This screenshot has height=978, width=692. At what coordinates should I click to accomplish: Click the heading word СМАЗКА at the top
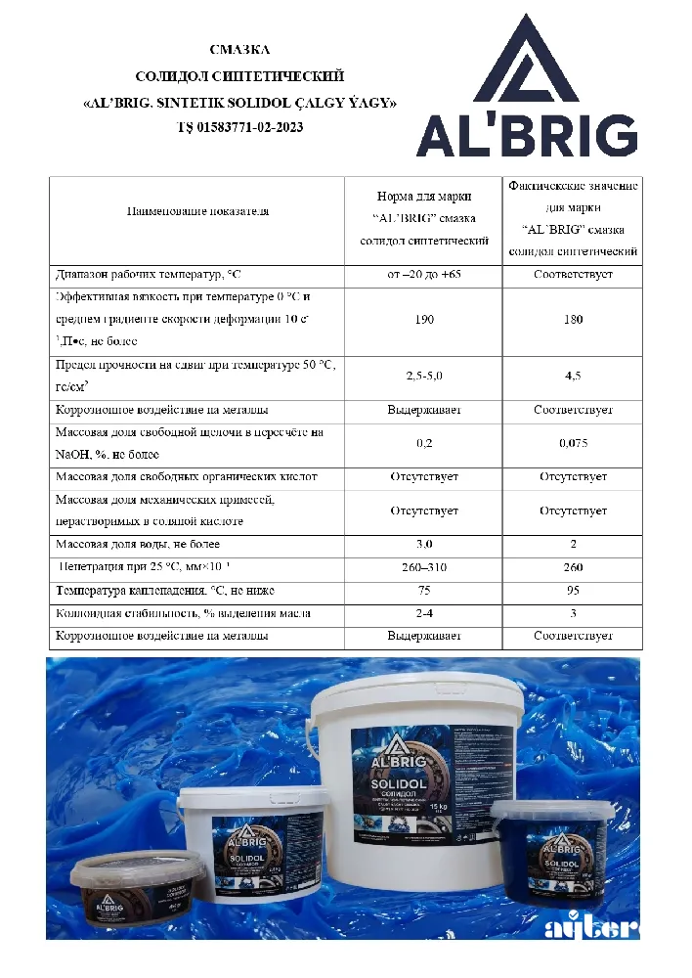pos(239,49)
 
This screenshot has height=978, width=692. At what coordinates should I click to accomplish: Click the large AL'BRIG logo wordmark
pos(527,136)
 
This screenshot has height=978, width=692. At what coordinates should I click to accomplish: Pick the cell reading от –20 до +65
pos(424,275)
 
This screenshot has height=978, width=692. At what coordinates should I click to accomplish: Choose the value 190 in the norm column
pos(424,320)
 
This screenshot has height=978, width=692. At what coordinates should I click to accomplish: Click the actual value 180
pos(573,320)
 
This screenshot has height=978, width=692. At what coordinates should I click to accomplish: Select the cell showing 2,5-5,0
pos(424,376)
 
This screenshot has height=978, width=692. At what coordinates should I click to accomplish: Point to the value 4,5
pos(573,376)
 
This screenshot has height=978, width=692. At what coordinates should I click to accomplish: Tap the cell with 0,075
pos(573,443)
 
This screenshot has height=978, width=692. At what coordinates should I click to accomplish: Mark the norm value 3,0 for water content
pos(424,544)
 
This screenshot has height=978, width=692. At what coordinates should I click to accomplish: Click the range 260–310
pos(424,567)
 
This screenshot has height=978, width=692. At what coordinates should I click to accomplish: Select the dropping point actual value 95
pos(573,591)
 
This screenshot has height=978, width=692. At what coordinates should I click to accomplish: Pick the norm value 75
pos(424,591)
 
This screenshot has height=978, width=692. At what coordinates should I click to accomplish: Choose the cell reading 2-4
pos(424,614)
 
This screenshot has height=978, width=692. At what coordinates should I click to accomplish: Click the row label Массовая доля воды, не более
pos(138,544)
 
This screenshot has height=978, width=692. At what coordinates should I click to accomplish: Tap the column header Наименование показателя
pos(197,211)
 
